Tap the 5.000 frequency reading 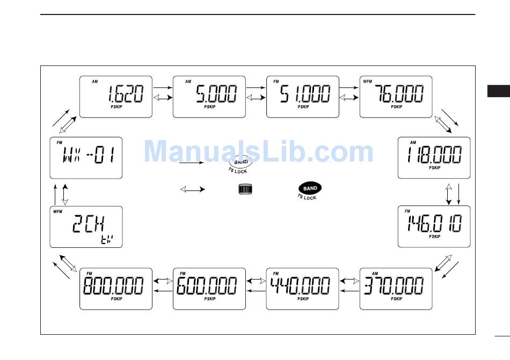[216, 95]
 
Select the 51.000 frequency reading [305, 95]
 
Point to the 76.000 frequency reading [399, 95]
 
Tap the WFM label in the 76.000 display [368, 82]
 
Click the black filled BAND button [310, 189]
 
